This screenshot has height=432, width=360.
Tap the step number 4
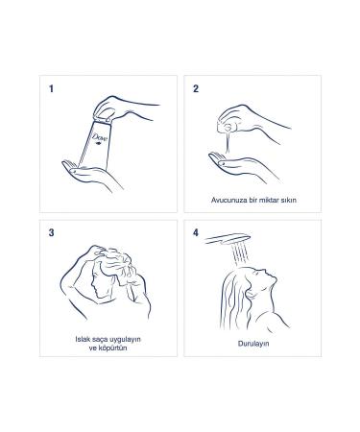pos(196,232)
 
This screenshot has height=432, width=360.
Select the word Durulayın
pos(255,342)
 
